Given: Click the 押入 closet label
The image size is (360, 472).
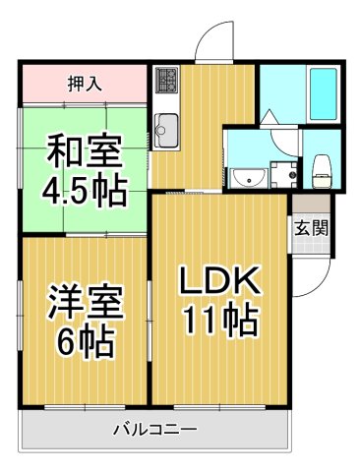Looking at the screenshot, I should (x=83, y=84).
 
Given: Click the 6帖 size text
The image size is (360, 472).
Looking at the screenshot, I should (x=85, y=342).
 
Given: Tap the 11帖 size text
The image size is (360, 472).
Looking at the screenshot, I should (x=218, y=321).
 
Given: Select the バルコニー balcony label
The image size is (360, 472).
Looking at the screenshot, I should (x=154, y=430).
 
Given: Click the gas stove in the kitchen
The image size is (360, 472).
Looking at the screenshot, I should (x=166, y=78).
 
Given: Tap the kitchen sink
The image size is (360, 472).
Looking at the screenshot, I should (x=165, y=128).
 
